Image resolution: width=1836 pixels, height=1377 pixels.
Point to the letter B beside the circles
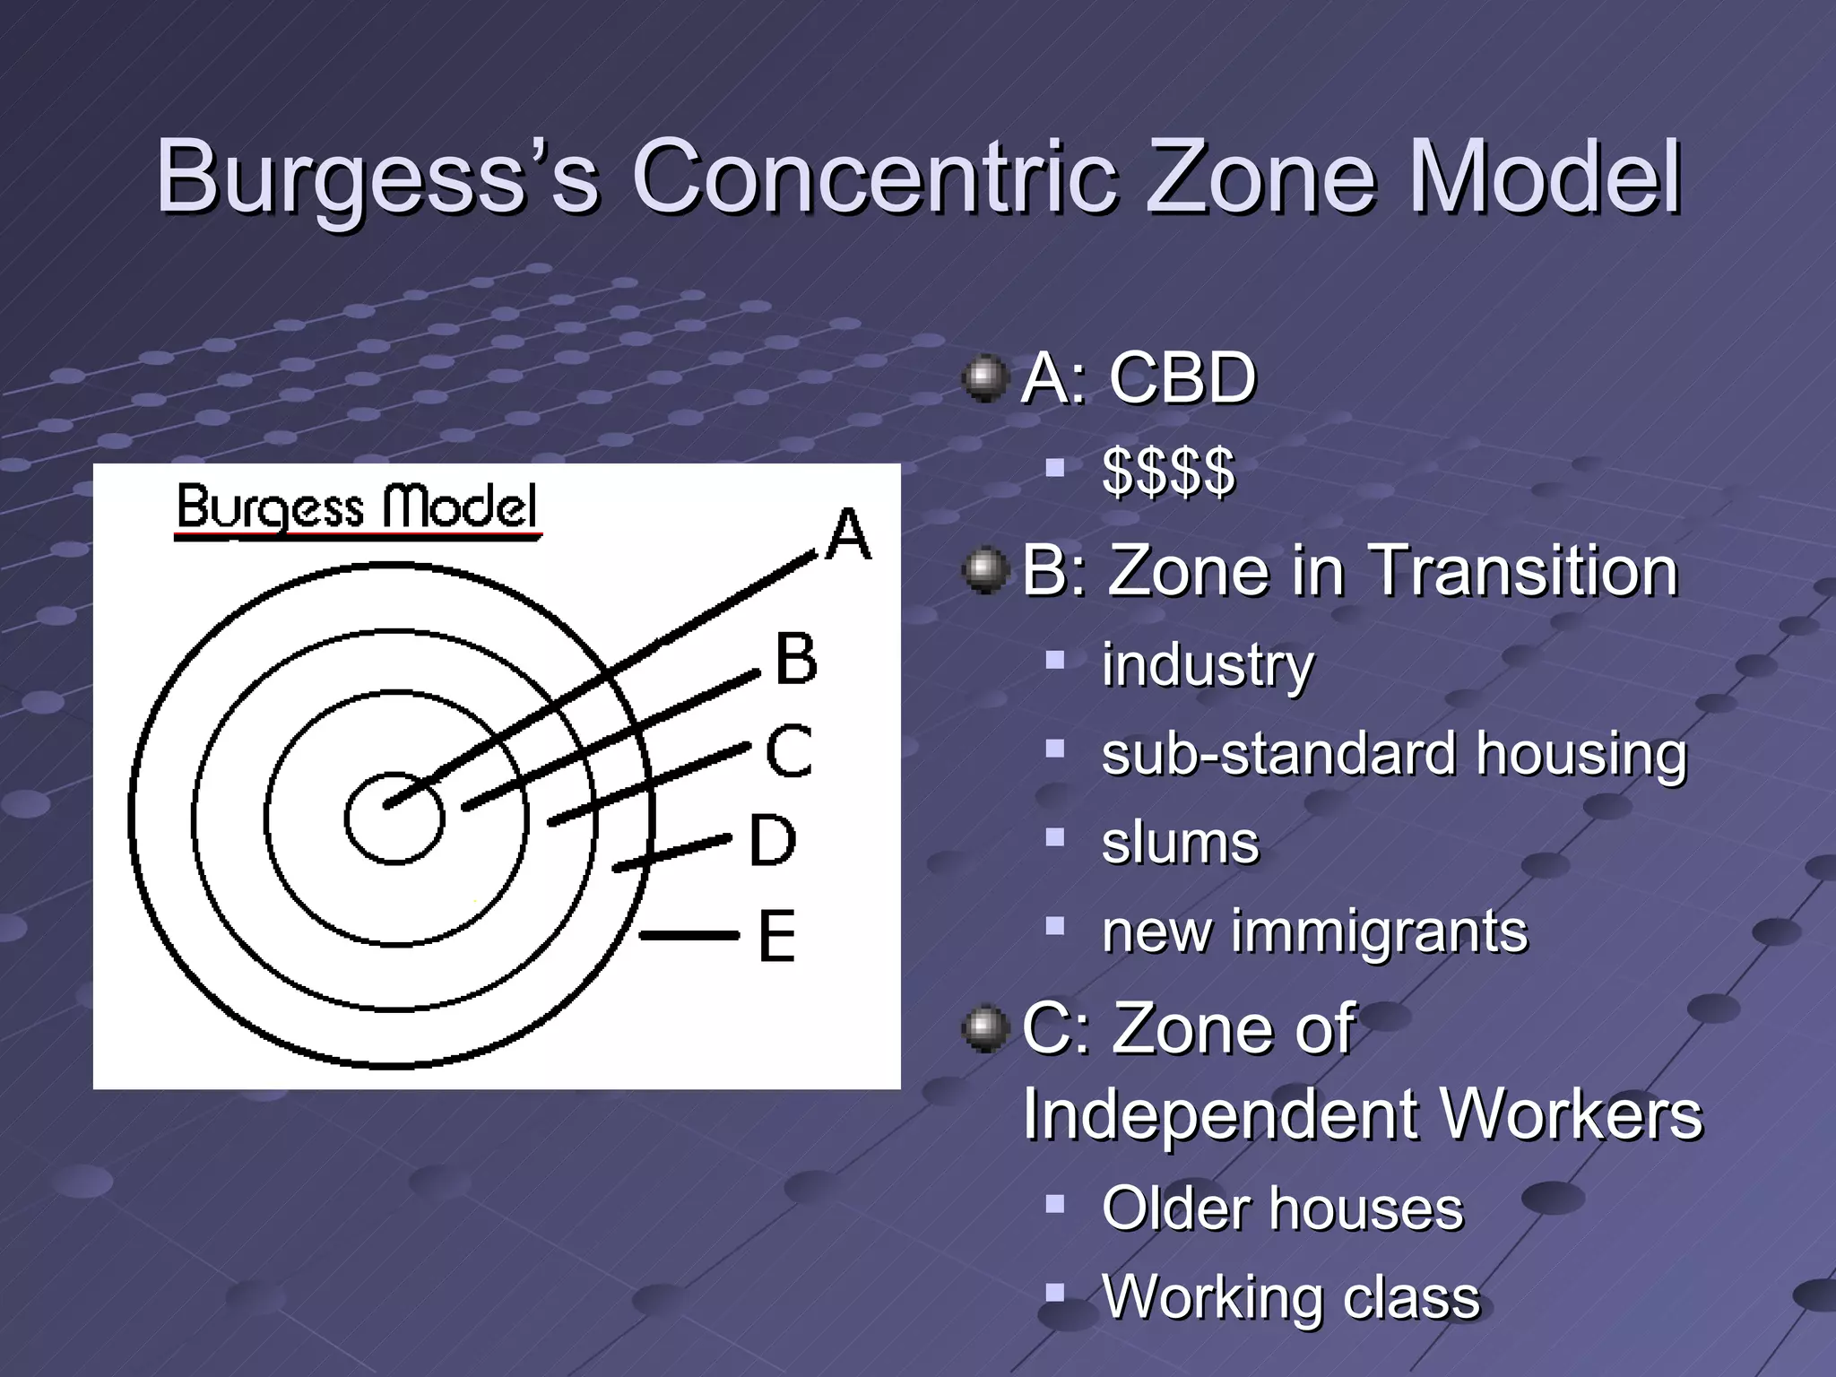796,659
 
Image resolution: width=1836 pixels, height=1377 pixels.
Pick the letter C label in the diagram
789,751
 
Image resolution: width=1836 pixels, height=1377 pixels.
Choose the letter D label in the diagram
772,841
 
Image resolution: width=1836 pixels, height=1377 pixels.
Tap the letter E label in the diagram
776,937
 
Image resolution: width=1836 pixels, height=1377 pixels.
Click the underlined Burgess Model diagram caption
357,508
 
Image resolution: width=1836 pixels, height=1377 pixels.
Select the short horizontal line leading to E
688,936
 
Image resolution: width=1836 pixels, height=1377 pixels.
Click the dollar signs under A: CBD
1169,472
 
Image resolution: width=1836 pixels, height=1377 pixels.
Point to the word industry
1208,665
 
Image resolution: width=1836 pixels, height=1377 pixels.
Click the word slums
1181,844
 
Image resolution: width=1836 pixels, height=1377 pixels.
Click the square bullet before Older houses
1054,1203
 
